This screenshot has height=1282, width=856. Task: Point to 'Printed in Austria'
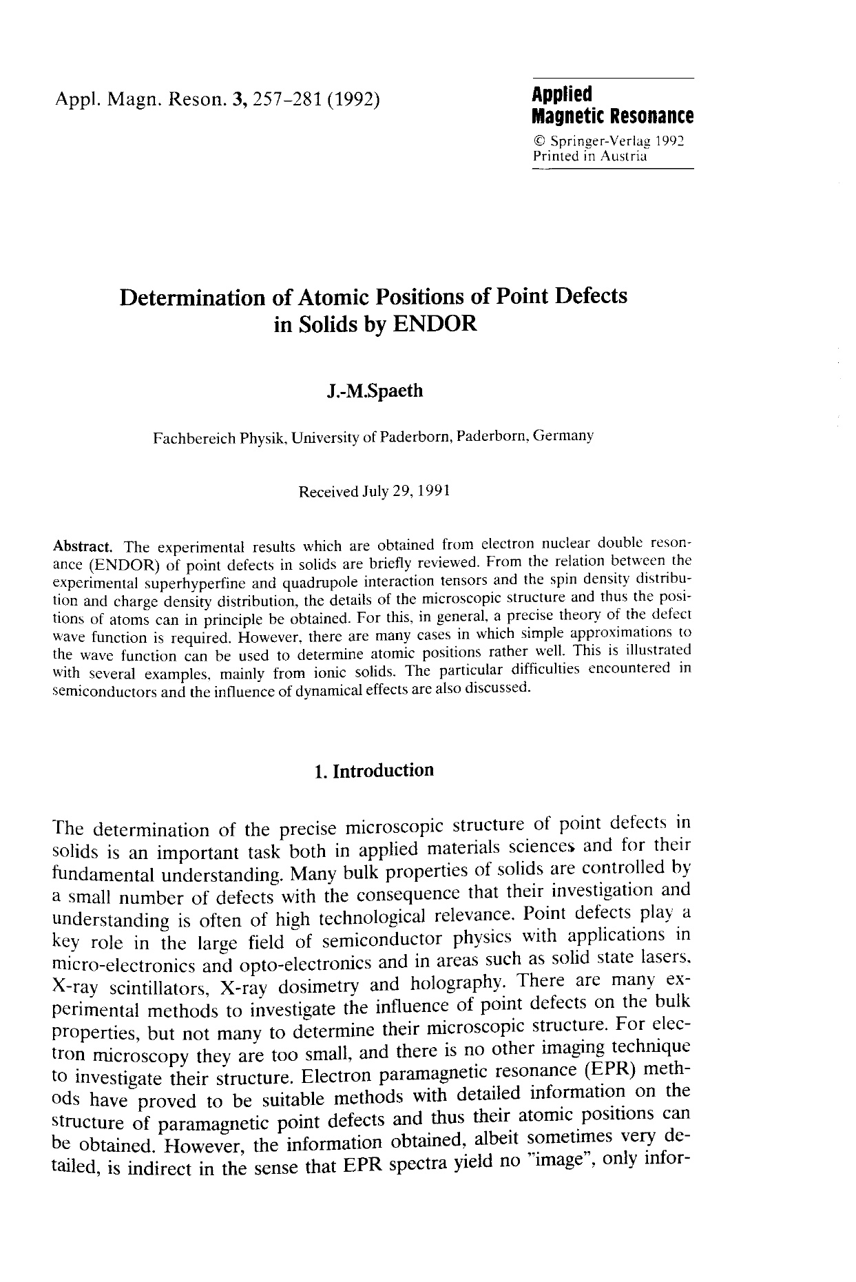click(x=589, y=156)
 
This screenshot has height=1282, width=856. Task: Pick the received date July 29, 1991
click(x=406, y=492)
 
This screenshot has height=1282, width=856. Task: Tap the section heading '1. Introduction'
click(x=373, y=771)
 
